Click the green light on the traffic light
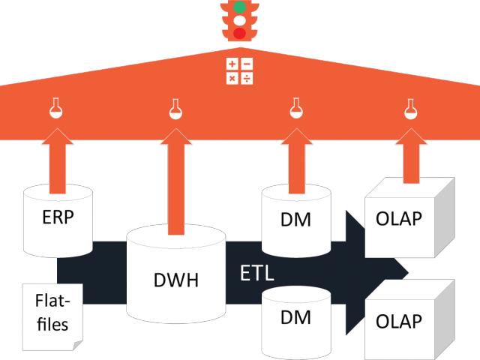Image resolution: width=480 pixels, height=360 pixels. click(x=239, y=7)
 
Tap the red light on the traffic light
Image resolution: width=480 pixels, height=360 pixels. click(x=239, y=33)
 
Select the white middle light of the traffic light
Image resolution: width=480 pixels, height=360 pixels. click(x=239, y=20)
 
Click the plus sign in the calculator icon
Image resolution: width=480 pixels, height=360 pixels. click(x=232, y=64)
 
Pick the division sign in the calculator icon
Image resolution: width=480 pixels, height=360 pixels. click(x=247, y=78)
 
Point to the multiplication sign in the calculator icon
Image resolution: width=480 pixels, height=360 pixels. click(x=232, y=78)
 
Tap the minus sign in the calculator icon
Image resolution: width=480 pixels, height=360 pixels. click(x=247, y=64)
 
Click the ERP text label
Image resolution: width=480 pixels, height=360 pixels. click(x=58, y=217)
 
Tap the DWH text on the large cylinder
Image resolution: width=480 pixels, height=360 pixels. click(x=176, y=280)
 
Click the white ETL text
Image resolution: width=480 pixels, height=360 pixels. click(x=256, y=273)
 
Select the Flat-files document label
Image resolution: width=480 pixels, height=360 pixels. click(x=52, y=312)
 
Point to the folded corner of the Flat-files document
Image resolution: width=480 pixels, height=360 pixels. click(x=77, y=345)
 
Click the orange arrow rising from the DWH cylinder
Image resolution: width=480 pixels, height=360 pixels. click(x=176, y=181)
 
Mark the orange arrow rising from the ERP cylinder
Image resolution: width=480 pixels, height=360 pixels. click(x=58, y=161)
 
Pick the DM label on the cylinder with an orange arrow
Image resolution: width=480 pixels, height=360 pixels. click(x=295, y=220)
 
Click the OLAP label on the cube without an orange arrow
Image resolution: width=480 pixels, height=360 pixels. click(x=399, y=322)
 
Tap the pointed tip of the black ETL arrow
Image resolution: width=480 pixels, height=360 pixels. click(x=408, y=272)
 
